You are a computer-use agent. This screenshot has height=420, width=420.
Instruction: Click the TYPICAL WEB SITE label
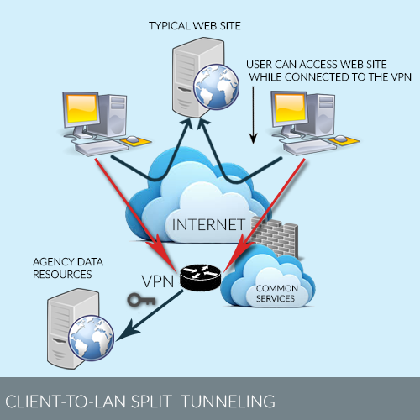click(x=195, y=26)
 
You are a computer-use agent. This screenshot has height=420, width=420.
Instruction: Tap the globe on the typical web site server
click(x=217, y=87)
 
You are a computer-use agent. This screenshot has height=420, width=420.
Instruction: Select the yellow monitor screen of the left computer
click(x=81, y=108)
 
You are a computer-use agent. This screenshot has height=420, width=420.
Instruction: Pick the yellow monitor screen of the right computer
click(x=290, y=108)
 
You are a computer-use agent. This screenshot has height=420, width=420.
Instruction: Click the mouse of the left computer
click(x=133, y=139)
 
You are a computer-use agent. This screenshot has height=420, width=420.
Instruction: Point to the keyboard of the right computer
click(x=309, y=147)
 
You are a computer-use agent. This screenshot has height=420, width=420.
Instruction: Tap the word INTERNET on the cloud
click(x=208, y=224)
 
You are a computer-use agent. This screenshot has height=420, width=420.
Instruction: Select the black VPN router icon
click(x=200, y=277)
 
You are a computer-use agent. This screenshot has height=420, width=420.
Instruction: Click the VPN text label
click(x=158, y=281)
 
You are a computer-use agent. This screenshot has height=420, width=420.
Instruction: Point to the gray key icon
click(x=141, y=300)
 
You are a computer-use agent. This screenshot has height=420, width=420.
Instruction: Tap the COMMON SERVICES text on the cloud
click(x=276, y=293)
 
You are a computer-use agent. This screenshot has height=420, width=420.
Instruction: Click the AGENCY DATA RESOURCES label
click(x=68, y=268)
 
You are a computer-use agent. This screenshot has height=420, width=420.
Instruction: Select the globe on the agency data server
click(x=92, y=338)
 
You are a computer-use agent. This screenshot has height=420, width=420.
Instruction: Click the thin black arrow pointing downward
click(x=253, y=115)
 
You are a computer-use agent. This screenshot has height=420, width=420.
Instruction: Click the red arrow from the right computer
click(x=265, y=215)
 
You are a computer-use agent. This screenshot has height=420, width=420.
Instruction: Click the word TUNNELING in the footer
click(x=228, y=402)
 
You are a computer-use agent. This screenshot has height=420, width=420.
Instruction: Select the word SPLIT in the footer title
click(x=151, y=402)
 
